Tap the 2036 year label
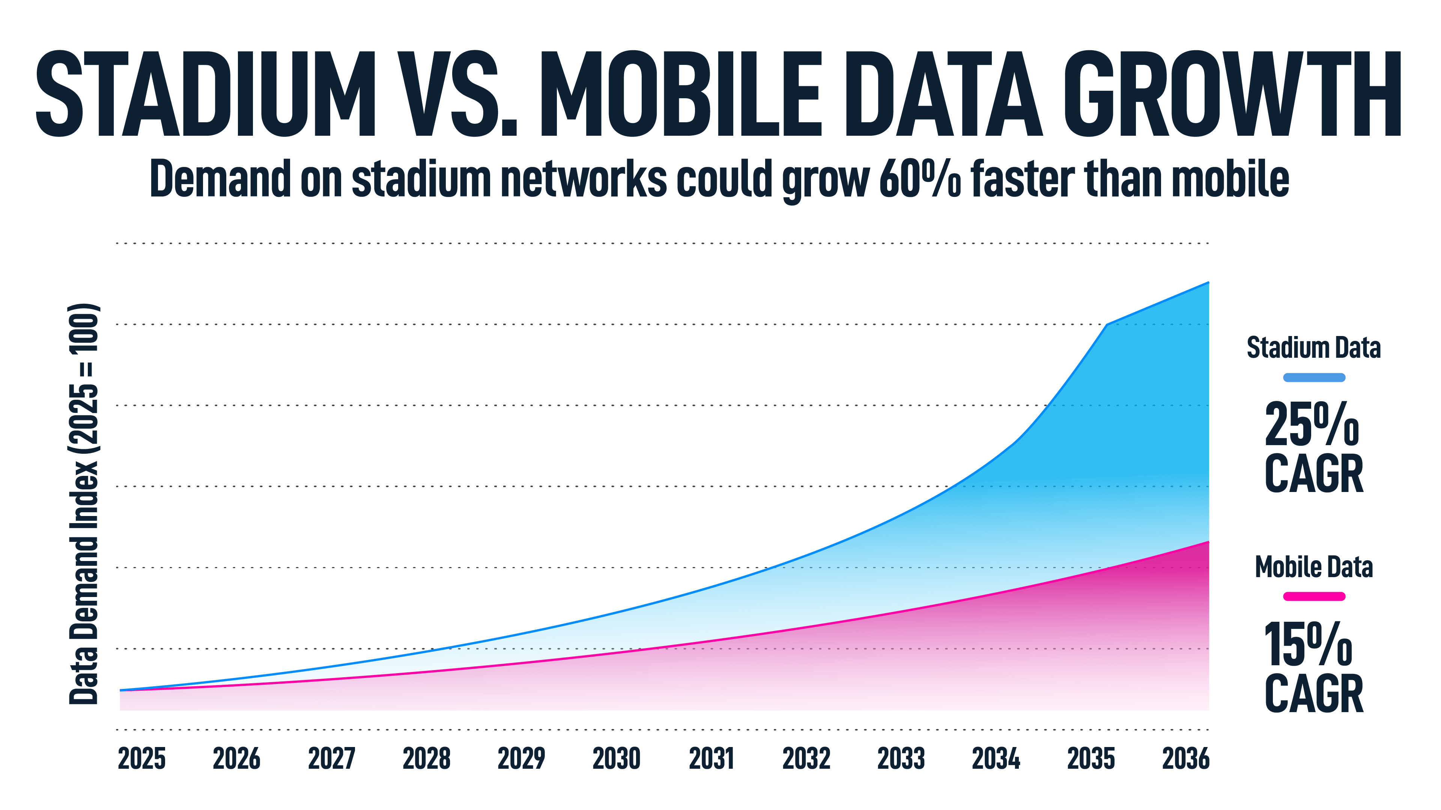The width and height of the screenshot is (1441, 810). tap(1185, 759)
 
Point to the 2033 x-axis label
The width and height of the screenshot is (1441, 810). tap(901, 759)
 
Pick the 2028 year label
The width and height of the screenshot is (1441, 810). tap(426, 759)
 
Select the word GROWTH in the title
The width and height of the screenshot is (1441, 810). tap(1231, 94)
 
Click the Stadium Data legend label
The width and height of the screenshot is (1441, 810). tap(1313, 348)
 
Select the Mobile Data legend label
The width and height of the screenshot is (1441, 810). tap(1313, 567)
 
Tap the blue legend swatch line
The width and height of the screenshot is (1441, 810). tap(1313, 378)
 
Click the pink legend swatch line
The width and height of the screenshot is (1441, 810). tap(1313, 597)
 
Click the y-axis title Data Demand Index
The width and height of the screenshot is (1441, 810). tap(84, 503)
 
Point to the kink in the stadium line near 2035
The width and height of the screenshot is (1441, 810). tap(1107, 324)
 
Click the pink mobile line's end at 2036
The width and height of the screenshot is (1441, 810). tap(1208, 541)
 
